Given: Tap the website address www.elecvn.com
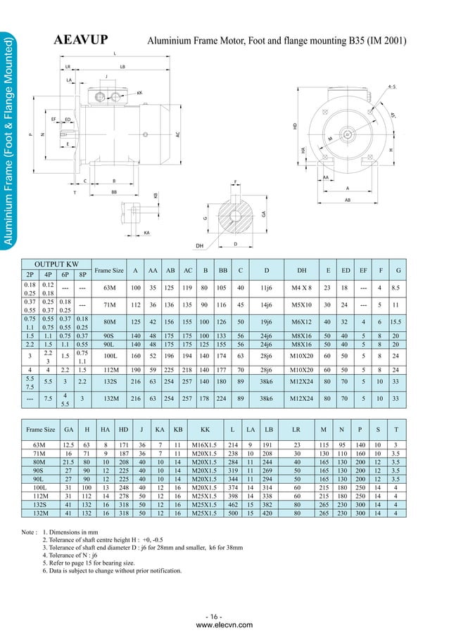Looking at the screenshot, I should [x=224, y=624].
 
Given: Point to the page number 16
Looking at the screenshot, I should [x=224, y=617].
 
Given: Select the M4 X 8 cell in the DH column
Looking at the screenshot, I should [x=302, y=288].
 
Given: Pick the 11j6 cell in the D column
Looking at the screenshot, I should [x=267, y=288].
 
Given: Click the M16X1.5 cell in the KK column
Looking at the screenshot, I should [x=205, y=444].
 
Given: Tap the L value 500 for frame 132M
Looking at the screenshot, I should [x=233, y=513].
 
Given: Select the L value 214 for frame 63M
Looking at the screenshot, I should [x=233, y=444].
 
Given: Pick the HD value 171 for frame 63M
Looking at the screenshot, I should [x=123, y=444].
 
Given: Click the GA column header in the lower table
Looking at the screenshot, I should [x=69, y=428].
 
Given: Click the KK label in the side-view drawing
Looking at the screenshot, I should [x=140, y=93].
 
